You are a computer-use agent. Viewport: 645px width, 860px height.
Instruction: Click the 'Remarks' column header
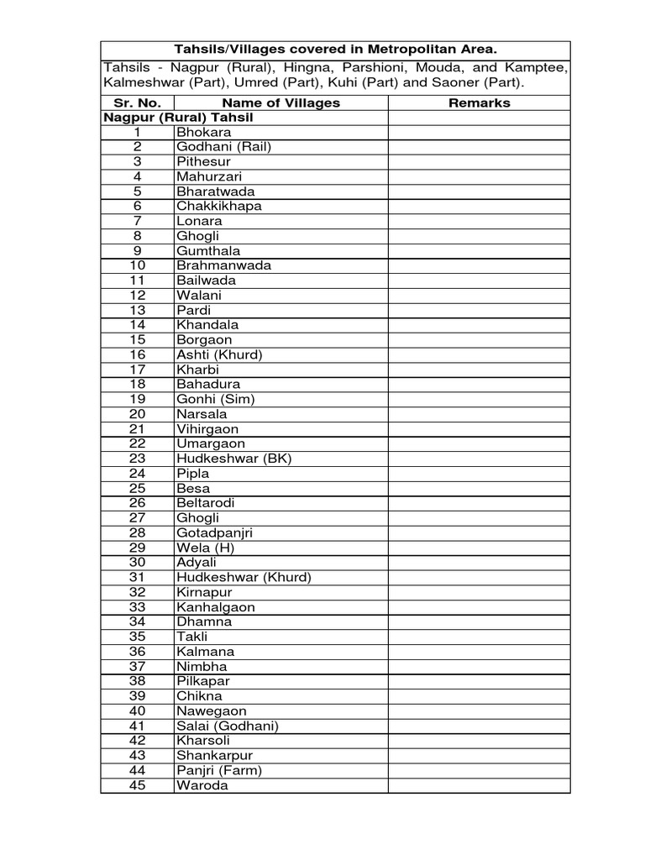pyautogui.click(x=479, y=103)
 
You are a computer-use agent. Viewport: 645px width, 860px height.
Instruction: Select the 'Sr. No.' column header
pyautogui.click(x=138, y=103)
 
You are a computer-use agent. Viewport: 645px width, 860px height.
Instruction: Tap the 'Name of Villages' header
pyautogui.click(x=281, y=103)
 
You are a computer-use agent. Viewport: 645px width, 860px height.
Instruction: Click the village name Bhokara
pyautogui.click(x=203, y=133)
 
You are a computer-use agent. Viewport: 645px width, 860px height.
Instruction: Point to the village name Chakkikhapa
pyautogui.click(x=218, y=207)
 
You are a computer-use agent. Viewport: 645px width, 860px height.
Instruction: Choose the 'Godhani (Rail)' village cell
pyautogui.click(x=223, y=147)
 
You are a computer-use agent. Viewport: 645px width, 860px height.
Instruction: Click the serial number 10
pyautogui.click(x=138, y=266)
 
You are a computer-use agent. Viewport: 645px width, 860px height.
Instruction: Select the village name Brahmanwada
pyautogui.click(x=223, y=266)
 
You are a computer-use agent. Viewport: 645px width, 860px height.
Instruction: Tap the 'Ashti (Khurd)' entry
pyautogui.click(x=219, y=355)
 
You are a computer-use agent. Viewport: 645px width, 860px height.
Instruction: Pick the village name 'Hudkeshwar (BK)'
pyautogui.click(x=233, y=459)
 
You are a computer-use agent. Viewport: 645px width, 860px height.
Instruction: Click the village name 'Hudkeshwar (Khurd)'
pyautogui.click(x=244, y=578)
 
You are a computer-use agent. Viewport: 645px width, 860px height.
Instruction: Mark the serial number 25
pyautogui.click(x=138, y=489)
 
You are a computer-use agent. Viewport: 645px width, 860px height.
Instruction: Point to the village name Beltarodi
pyautogui.click(x=205, y=503)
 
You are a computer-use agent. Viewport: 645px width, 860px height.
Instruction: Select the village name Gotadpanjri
pyautogui.click(x=214, y=533)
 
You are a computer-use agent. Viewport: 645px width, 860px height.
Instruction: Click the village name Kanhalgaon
pyautogui.click(x=216, y=607)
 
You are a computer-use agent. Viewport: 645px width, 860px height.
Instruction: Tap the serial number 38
pyautogui.click(x=138, y=681)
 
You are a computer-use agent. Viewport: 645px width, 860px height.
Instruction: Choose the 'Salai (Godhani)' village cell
pyautogui.click(x=227, y=726)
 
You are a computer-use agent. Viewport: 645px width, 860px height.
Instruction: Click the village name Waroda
pyautogui.click(x=202, y=786)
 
